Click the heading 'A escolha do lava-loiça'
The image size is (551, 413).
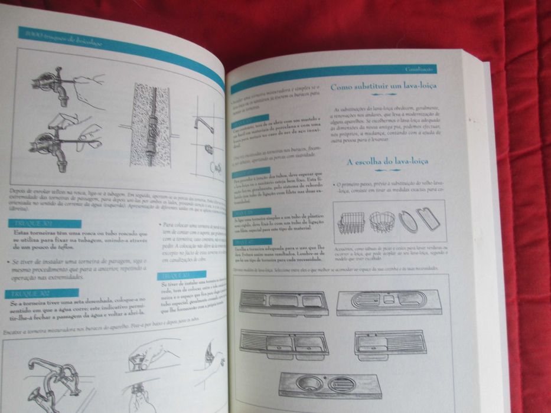coord(387,161)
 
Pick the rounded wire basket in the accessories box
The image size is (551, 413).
coord(382,221)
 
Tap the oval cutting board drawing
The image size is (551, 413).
coord(407,221)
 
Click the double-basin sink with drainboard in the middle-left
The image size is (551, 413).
coord(283,343)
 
